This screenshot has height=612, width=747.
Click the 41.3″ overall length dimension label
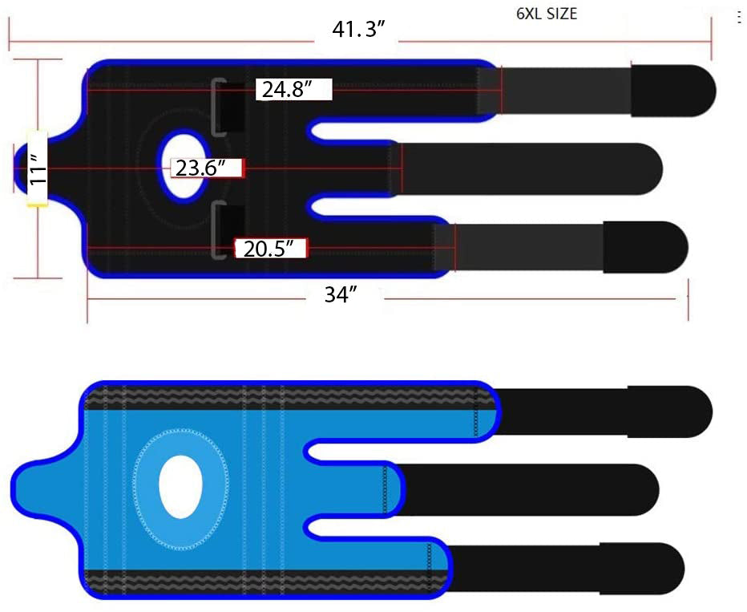coord(358,29)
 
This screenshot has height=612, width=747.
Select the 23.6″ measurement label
coord(200,168)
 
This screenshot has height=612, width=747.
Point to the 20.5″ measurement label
coord(269,249)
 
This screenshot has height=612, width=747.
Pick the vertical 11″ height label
coord(37,168)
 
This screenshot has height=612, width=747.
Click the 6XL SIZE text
coord(547,14)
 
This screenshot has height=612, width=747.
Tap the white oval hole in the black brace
coord(184,165)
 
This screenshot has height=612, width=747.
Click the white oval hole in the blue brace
coord(180,487)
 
